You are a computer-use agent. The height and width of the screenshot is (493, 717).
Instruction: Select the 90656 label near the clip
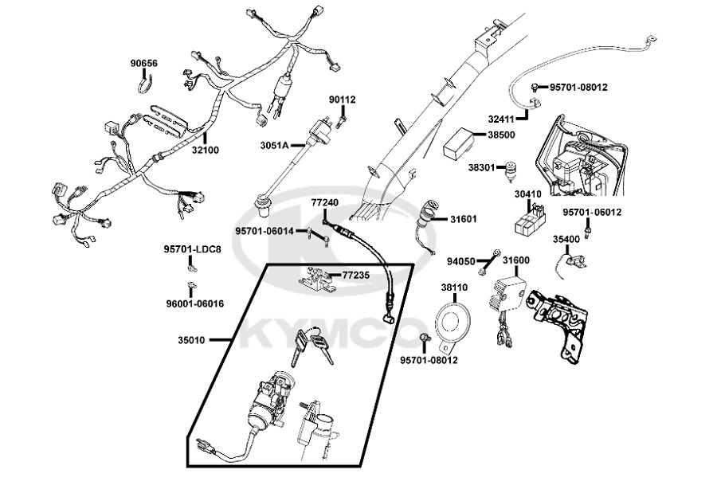tap(144, 63)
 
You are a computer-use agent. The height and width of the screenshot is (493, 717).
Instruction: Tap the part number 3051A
tap(274, 146)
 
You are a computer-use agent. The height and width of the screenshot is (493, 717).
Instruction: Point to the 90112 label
tap(343, 100)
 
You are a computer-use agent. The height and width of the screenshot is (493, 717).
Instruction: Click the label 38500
tap(501, 135)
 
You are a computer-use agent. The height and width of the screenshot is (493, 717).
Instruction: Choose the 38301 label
tap(482, 168)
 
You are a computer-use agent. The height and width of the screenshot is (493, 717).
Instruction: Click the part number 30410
tap(528, 194)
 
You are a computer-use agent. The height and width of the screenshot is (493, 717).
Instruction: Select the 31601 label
tap(465, 219)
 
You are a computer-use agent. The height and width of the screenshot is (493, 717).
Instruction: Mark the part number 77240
tap(324, 203)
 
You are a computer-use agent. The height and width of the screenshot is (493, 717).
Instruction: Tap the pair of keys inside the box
tap(311, 347)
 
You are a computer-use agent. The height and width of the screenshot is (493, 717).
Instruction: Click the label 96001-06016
tap(194, 303)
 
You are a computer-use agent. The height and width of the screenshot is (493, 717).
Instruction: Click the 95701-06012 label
tap(592, 213)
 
